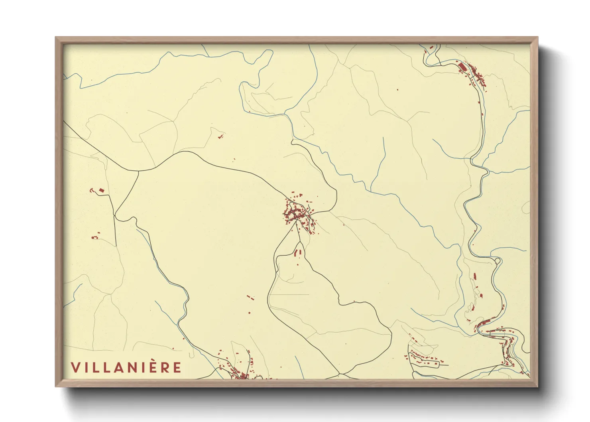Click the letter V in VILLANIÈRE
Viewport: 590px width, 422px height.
[75, 367]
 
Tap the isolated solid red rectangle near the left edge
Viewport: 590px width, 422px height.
[101, 190]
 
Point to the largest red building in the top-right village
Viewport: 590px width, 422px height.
[462, 66]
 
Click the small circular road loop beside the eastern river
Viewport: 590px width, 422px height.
[497, 261]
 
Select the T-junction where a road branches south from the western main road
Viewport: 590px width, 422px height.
[138, 172]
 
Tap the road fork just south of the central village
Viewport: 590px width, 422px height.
[296, 223]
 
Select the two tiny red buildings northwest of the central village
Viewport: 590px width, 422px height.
[220, 137]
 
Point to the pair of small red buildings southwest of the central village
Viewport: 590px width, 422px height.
[250, 297]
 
